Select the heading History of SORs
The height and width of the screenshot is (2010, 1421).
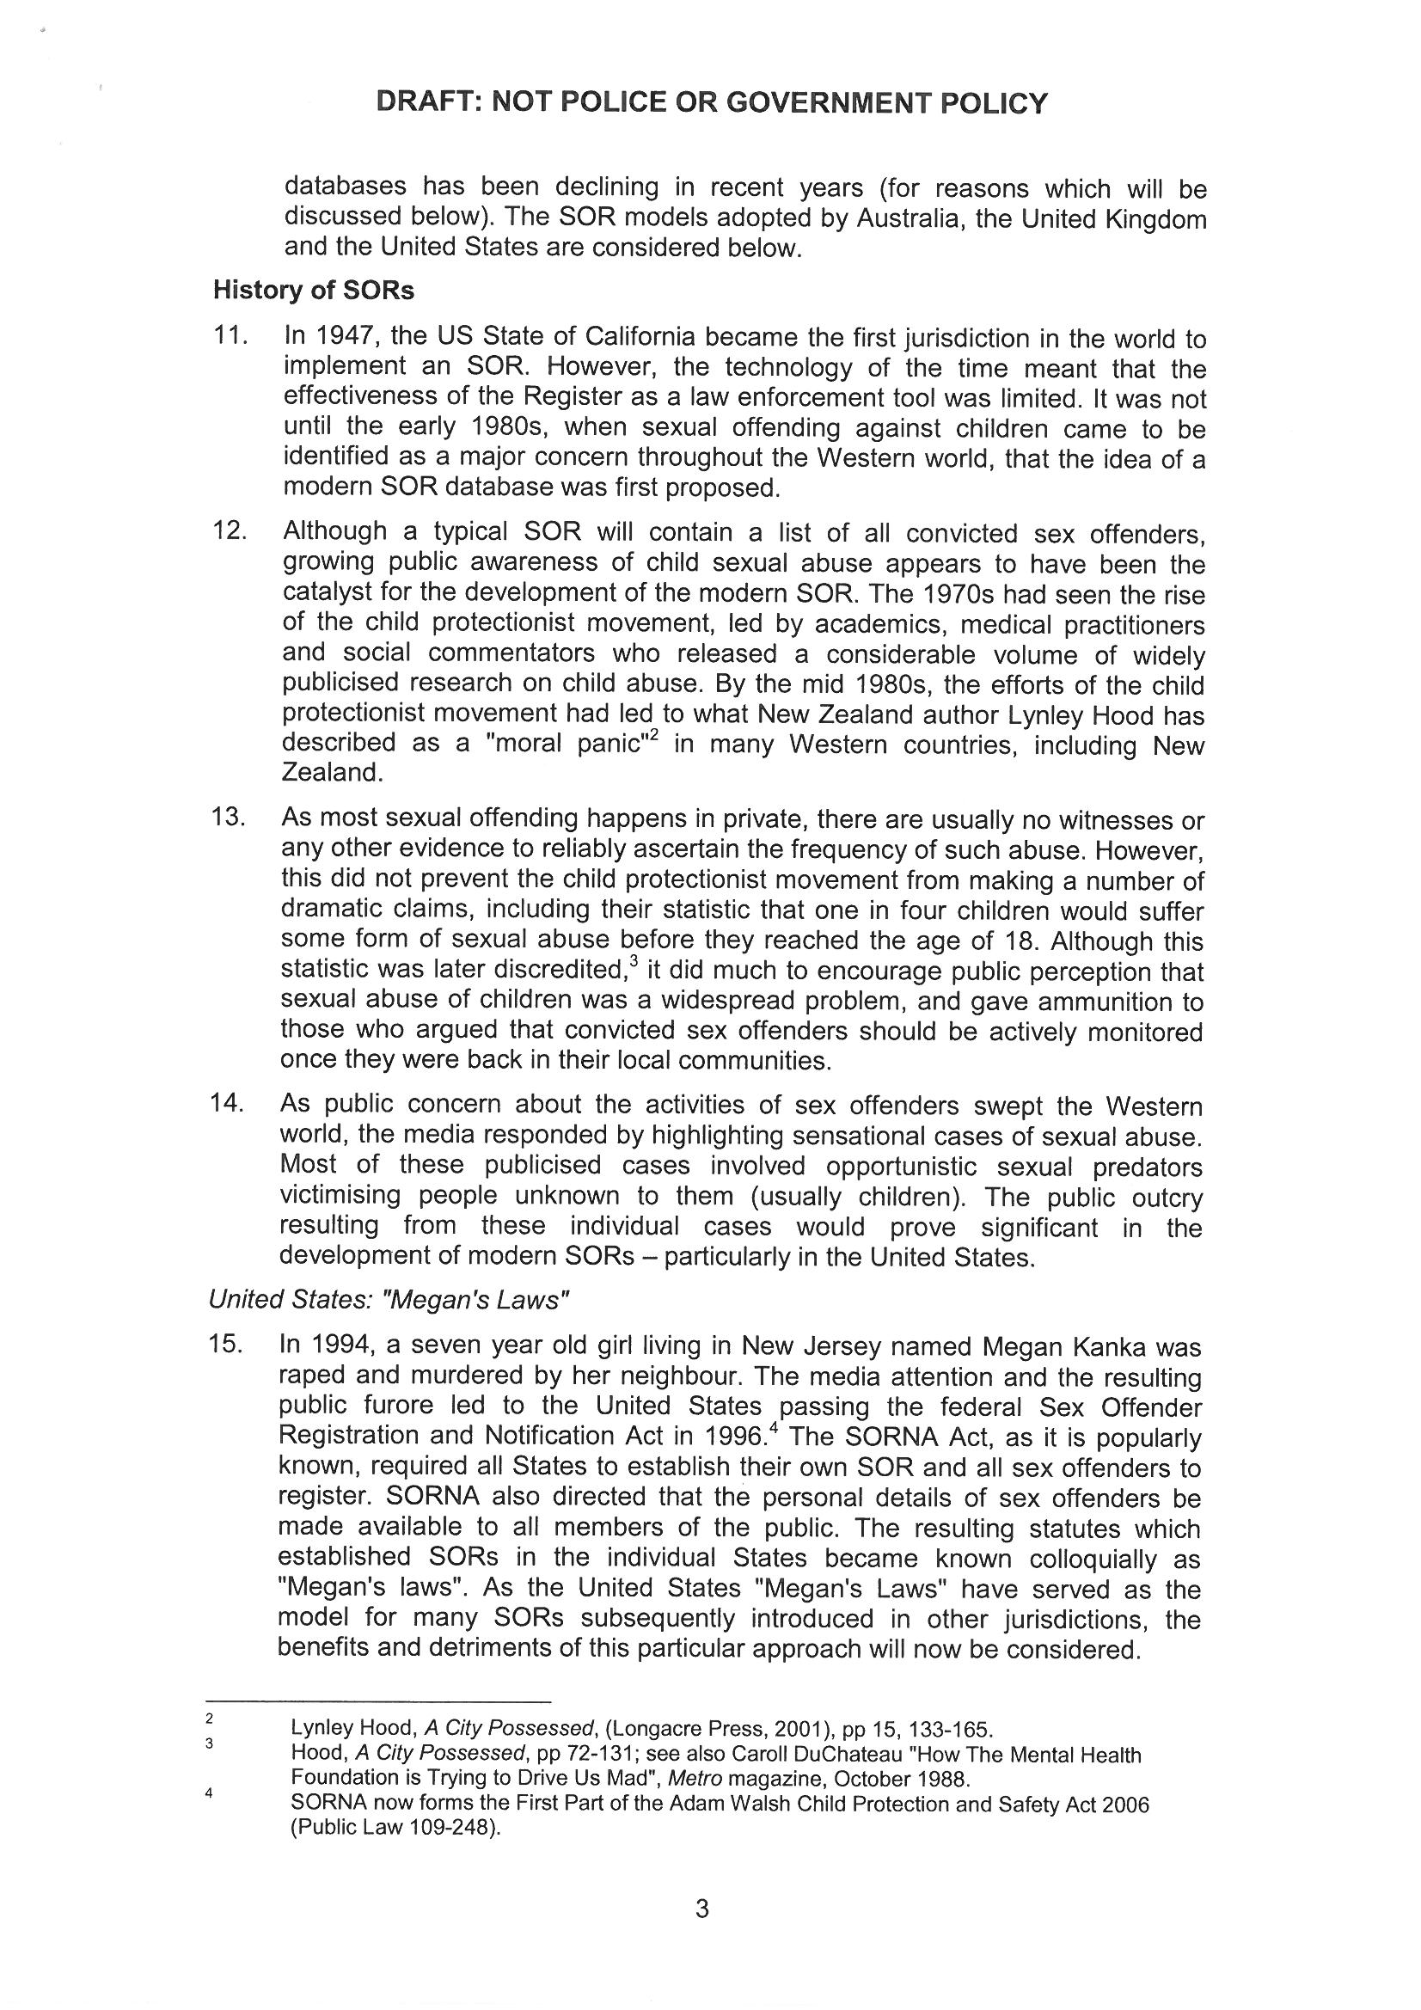point(313,291)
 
